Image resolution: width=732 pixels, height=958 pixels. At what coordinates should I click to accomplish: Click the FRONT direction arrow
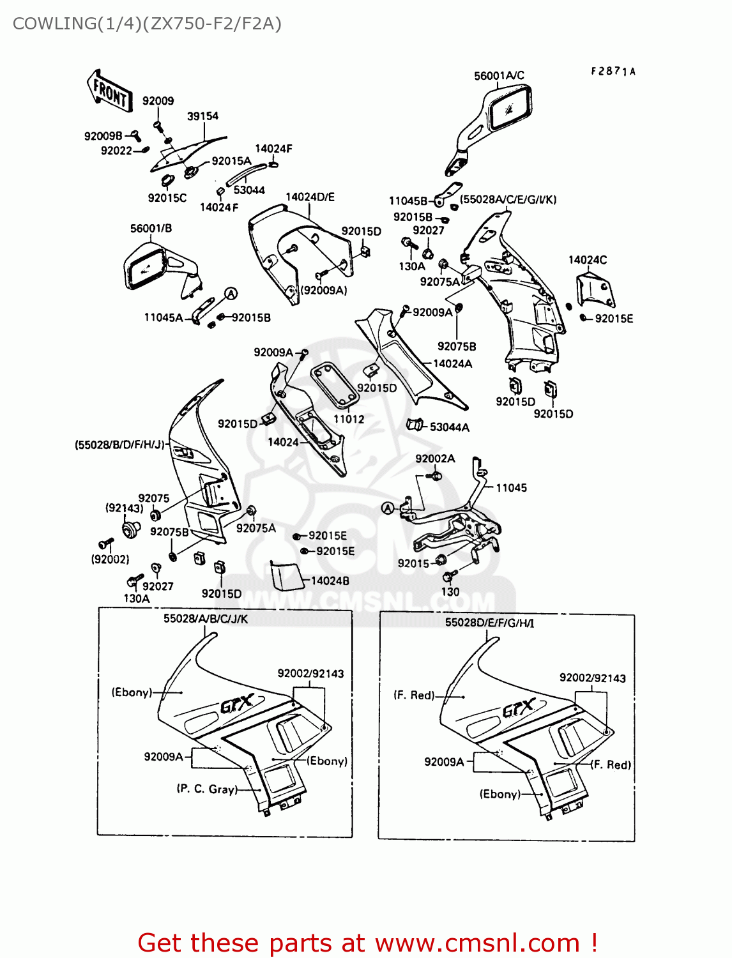click(110, 92)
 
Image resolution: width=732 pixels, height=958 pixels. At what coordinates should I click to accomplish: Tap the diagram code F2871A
click(613, 72)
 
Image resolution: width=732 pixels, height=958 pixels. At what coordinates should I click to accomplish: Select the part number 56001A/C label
click(499, 76)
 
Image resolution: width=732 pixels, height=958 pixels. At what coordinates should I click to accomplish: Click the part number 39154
click(202, 116)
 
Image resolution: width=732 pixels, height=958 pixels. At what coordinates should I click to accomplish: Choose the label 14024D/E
click(310, 197)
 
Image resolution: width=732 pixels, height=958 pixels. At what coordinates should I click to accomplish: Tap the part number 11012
click(349, 419)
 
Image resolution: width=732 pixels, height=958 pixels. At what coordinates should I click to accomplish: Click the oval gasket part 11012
click(335, 384)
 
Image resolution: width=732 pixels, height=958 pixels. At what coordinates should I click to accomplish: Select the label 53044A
click(449, 427)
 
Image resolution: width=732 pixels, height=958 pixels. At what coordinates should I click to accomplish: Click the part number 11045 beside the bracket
click(511, 488)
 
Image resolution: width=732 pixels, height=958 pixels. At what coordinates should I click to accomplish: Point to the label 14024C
click(588, 260)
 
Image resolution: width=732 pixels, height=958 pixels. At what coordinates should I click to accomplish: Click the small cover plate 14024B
click(286, 576)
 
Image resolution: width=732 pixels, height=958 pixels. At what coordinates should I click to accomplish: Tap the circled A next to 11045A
click(231, 294)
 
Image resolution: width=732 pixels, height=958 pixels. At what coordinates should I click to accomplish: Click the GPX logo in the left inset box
click(237, 704)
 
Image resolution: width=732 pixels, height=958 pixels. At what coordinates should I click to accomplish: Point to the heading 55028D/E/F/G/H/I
click(489, 623)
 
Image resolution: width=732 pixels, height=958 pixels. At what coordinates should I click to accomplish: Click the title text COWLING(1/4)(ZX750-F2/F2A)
click(148, 24)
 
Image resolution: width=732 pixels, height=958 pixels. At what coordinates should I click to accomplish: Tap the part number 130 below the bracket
click(450, 592)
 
